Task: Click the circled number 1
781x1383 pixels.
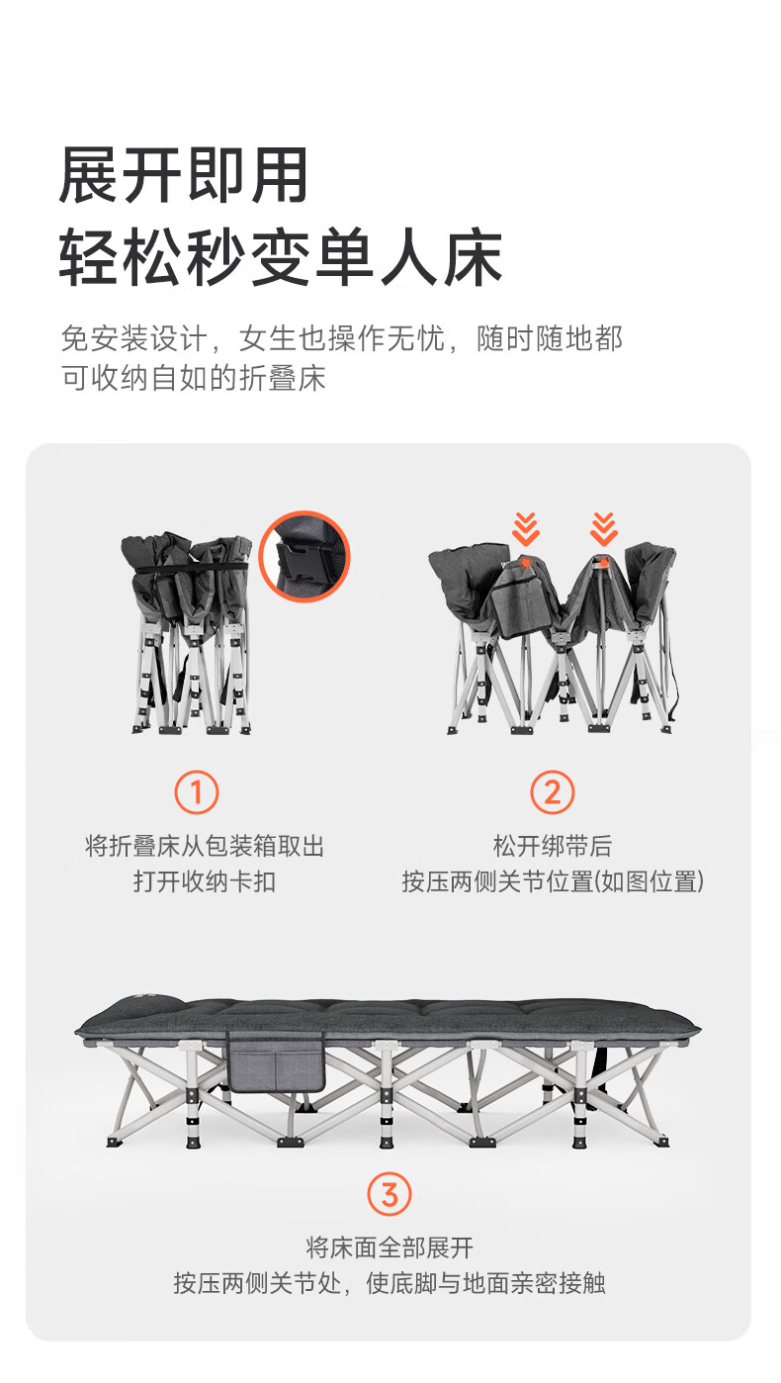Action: coord(196,792)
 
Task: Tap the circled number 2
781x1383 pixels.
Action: coord(552,792)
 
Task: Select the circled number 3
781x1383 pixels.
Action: coord(390,1194)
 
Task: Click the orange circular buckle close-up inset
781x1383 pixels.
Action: coord(304,556)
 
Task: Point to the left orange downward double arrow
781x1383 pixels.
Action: coord(526,529)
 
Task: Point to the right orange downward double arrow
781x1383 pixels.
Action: coord(603,529)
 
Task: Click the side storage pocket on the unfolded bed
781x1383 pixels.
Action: coord(276,1061)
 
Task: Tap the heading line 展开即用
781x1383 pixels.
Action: coord(183,175)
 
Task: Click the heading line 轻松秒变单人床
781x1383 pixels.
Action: coord(282,256)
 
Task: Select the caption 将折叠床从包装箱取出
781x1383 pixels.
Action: coord(205,846)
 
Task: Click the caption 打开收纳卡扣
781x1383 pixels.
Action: coord(205,881)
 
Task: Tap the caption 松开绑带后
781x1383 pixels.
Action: coord(553,846)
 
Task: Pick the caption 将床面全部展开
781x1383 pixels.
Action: coord(390,1247)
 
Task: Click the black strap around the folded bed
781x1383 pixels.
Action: coord(188,568)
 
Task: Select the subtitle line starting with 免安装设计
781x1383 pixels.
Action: coord(342,337)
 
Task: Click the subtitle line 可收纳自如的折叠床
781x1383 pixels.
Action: coord(193,378)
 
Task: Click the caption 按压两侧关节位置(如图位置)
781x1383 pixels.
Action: coord(553,881)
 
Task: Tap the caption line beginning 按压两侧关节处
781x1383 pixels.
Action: coord(390,1284)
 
